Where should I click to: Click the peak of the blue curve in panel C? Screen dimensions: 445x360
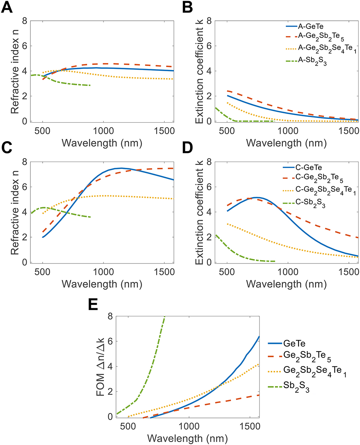[121, 168]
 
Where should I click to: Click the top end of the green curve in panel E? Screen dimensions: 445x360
[165, 317]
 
